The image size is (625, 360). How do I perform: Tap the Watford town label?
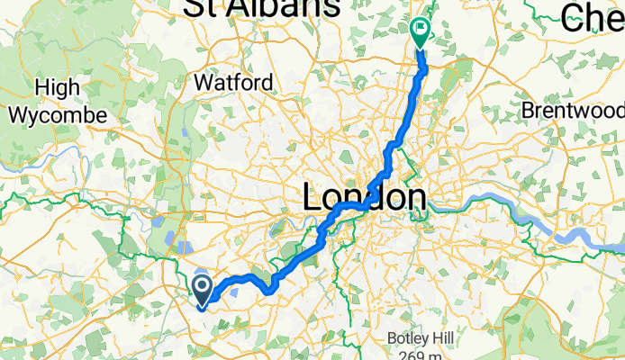[x=233, y=83]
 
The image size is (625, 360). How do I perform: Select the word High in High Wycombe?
[x=57, y=88]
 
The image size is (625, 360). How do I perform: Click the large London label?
[x=364, y=197]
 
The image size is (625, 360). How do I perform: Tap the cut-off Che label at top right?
[x=593, y=14]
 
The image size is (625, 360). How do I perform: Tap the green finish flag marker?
[x=421, y=31]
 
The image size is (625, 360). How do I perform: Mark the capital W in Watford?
[x=204, y=83]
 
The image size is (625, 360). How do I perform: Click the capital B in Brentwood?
[x=529, y=110]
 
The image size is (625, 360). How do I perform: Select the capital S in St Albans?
[x=196, y=7]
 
